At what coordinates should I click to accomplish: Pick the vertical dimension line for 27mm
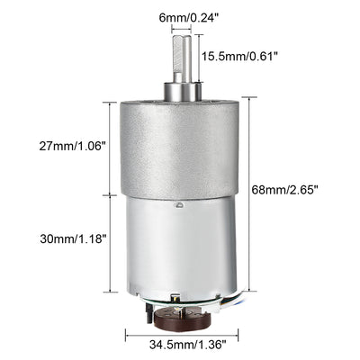pyautogui.click(x=111, y=148)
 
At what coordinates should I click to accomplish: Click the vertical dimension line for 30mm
pyautogui.click(x=111, y=243)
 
